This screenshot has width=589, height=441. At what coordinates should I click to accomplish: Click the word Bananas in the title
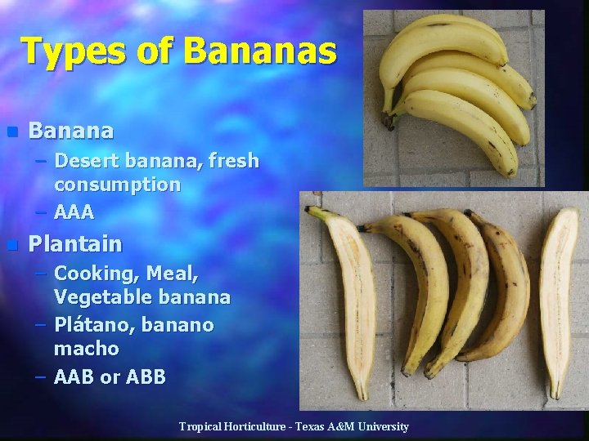[x=260, y=51]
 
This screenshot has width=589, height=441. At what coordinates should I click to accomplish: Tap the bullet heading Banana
[x=71, y=131]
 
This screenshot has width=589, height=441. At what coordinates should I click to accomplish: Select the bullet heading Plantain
[x=75, y=243]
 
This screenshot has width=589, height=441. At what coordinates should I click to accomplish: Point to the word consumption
[x=117, y=185]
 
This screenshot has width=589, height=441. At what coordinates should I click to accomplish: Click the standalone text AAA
[x=74, y=212]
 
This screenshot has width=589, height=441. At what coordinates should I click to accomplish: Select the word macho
[x=86, y=349]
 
